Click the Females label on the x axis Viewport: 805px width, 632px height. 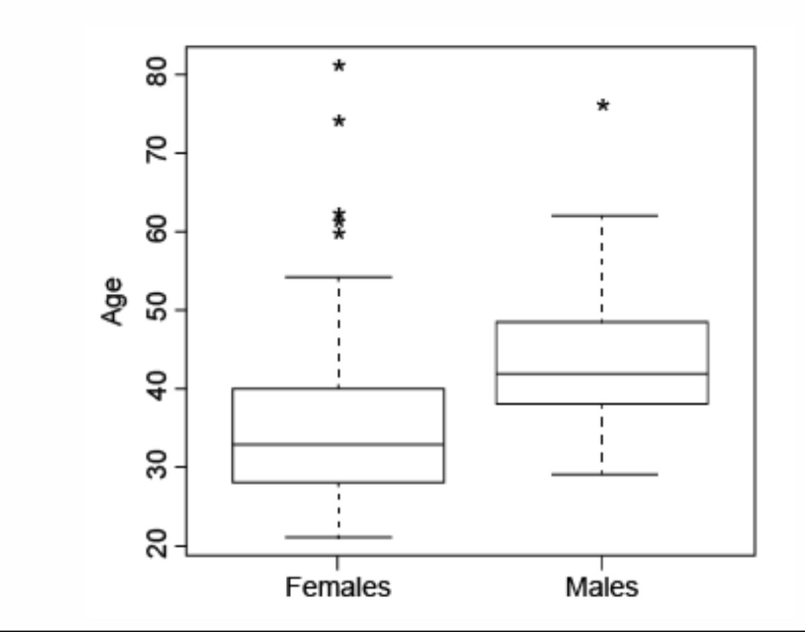pos(337,587)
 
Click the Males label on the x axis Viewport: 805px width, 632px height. pos(602,587)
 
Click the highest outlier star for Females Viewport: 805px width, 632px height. pos(339,66)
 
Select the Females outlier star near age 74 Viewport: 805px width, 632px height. pos(339,121)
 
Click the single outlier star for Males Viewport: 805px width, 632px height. pos(603,106)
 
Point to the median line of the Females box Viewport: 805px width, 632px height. pos(338,444)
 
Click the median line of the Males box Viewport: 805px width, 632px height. pos(602,374)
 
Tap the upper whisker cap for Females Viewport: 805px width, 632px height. pos(338,276)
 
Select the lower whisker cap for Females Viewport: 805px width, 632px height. pos(338,537)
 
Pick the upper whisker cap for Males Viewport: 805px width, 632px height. pos(602,215)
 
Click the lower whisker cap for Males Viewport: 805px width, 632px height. pos(602,474)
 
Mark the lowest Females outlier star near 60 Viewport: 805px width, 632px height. pos(339,234)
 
